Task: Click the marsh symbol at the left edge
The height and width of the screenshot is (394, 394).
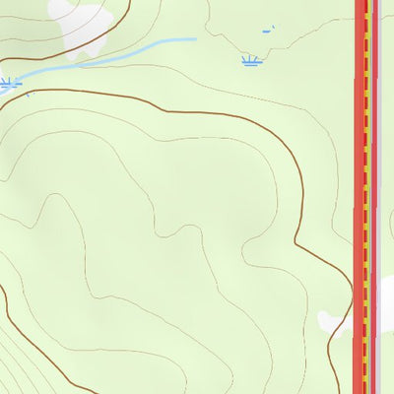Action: point(7,83)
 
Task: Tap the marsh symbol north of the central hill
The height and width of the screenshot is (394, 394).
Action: point(251,62)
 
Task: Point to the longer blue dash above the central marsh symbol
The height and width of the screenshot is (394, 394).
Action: point(266,32)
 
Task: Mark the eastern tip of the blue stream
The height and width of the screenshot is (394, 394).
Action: point(195,39)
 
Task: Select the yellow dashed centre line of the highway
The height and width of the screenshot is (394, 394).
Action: point(366,197)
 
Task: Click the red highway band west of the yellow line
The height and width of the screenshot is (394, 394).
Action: point(359,197)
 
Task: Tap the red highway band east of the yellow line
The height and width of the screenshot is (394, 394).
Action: point(372,197)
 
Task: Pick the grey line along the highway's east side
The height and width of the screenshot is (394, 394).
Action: point(377,197)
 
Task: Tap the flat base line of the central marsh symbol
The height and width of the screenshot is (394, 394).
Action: point(251,66)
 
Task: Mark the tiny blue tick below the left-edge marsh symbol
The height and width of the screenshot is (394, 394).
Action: point(27,96)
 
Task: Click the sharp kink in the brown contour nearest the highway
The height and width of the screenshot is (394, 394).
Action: point(298,240)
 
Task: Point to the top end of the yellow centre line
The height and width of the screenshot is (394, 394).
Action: point(366,2)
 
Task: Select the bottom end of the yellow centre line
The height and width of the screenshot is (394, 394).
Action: point(365,391)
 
